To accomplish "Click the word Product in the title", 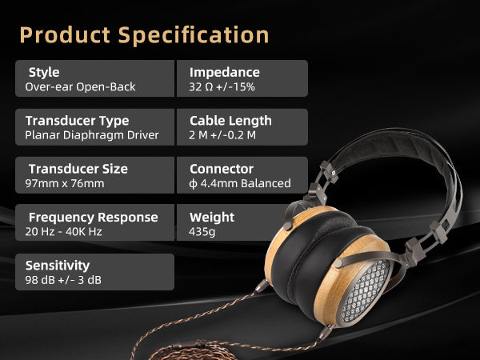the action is coord(65,34).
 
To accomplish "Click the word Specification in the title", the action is coord(194,35).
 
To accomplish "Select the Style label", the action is coord(44,73).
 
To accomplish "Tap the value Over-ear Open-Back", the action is coord(80,87).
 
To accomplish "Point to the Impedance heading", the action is coord(224,73).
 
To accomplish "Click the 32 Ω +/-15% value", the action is coord(222,87).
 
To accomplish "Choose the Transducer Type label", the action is coord(77,121).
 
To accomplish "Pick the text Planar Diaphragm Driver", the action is coord(92,135).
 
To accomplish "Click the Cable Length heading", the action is coord(230,121).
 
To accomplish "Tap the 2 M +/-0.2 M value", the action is coord(222,135).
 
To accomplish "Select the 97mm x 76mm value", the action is coord(65,183).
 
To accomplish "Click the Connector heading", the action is coord(222,169).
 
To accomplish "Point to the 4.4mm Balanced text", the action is coord(246,183).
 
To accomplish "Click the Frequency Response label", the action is coord(94,218).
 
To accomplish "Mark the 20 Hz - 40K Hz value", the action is coord(63,231).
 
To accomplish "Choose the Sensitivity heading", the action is coord(58,266).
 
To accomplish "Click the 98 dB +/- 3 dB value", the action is coord(63,280).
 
